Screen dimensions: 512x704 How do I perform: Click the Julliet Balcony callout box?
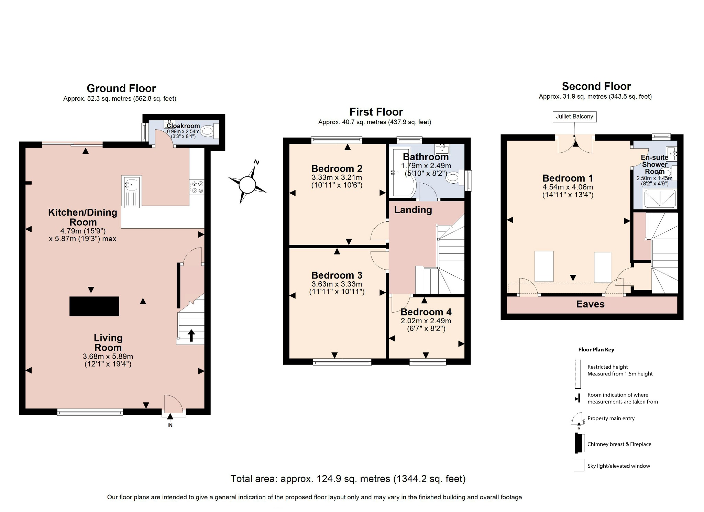pyautogui.click(x=574, y=117)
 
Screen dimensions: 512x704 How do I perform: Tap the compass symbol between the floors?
pyautogui.click(x=247, y=185)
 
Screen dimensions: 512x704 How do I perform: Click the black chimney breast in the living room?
pyautogui.click(x=94, y=306)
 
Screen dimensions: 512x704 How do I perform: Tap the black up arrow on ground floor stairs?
pyautogui.click(x=191, y=335)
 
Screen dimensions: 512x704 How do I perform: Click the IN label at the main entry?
pyautogui.click(x=170, y=425)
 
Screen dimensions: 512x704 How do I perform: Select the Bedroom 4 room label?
pyautogui.click(x=426, y=312)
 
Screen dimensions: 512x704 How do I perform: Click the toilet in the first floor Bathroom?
pyautogui.click(x=453, y=178)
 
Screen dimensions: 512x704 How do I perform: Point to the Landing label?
pyautogui.click(x=413, y=210)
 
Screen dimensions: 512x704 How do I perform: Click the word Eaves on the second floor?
pyautogui.click(x=590, y=304)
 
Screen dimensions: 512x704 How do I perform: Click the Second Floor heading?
pyautogui.click(x=596, y=86)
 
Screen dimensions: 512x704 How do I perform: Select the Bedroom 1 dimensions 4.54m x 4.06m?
pyautogui.click(x=568, y=187)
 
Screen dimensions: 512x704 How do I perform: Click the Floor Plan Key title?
pyautogui.click(x=596, y=349)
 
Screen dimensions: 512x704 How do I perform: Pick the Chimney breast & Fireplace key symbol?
pyautogui.click(x=579, y=444)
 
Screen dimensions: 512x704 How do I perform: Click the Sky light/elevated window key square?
pyautogui.click(x=579, y=465)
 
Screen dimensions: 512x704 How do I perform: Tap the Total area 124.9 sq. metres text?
pyautogui.click(x=348, y=479)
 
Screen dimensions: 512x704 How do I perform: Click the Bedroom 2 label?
pyautogui.click(x=337, y=168)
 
